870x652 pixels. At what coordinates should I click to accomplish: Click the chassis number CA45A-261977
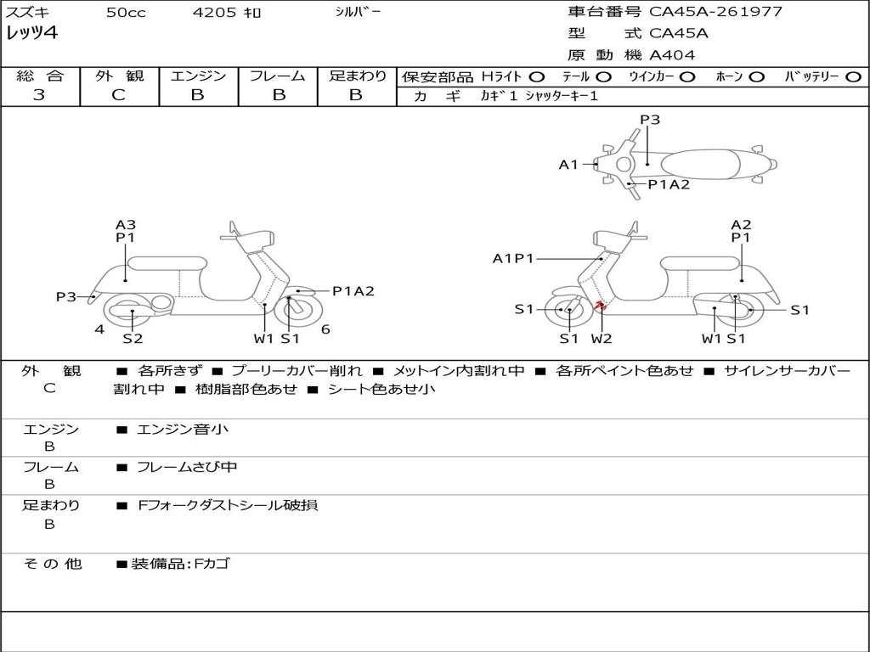pos(715,12)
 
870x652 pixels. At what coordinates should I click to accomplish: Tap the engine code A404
pos(672,55)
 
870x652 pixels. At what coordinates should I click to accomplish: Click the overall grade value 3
pos(39,95)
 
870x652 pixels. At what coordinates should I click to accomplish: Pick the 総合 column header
pos(40,76)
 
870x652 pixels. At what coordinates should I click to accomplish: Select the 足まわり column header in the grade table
pos(358,76)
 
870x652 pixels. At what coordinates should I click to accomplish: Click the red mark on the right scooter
pos(599,305)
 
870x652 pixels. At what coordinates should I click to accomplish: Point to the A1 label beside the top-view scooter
pos(568,165)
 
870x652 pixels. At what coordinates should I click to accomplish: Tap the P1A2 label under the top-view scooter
pos(669,184)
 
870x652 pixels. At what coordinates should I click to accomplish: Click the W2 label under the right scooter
pos(602,339)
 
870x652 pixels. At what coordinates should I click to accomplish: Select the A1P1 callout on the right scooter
pos(513,258)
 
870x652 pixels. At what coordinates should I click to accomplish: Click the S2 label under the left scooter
pos(133,339)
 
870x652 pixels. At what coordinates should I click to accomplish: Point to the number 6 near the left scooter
pos(325,329)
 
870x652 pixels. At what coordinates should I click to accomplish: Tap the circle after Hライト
pos(537,76)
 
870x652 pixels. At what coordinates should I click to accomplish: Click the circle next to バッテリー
pos(853,76)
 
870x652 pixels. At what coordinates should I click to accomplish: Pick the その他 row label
pos(52,564)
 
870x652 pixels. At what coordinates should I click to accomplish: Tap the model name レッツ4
pos(31,34)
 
